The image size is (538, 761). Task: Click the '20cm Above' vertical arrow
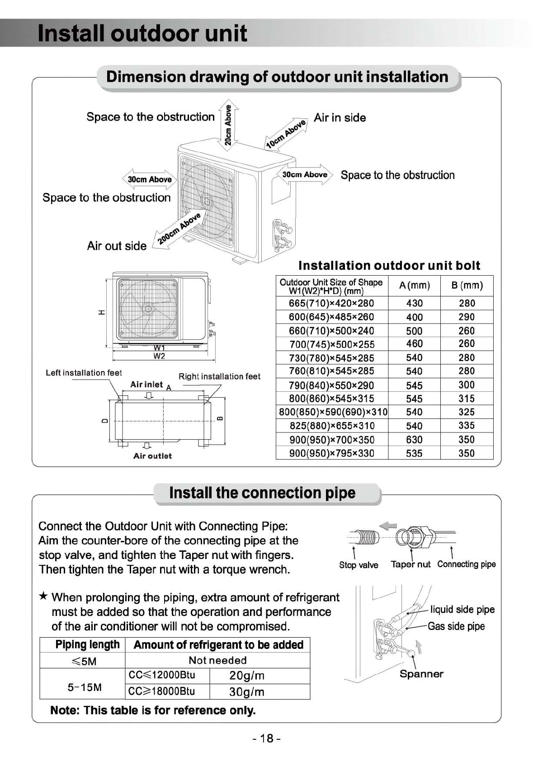click(x=228, y=124)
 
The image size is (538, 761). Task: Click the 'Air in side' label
click(x=340, y=118)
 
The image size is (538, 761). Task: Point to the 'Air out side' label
click(x=117, y=246)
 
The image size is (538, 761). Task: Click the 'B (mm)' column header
click(x=467, y=286)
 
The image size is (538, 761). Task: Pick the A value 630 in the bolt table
click(x=414, y=440)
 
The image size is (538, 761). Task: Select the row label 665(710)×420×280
click(x=331, y=303)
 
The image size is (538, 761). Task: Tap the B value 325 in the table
click(x=467, y=412)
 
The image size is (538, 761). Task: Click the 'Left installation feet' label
click(x=84, y=373)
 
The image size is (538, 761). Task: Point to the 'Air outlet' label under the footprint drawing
click(x=152, y=456)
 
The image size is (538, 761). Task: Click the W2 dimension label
click(x=159, y=356)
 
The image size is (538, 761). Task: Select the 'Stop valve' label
click(x=359, y=565)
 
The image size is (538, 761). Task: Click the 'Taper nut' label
click(x=411, y=564)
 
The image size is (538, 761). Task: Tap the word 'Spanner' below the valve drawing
click(x=421, y=674)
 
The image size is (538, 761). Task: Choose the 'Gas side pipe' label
click(x=456, y=626)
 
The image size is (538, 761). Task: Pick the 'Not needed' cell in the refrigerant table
click(x=217, y=660)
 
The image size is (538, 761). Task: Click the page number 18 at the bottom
click(x=267, y=738)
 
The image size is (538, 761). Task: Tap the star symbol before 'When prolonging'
click(x=43, y=597)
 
